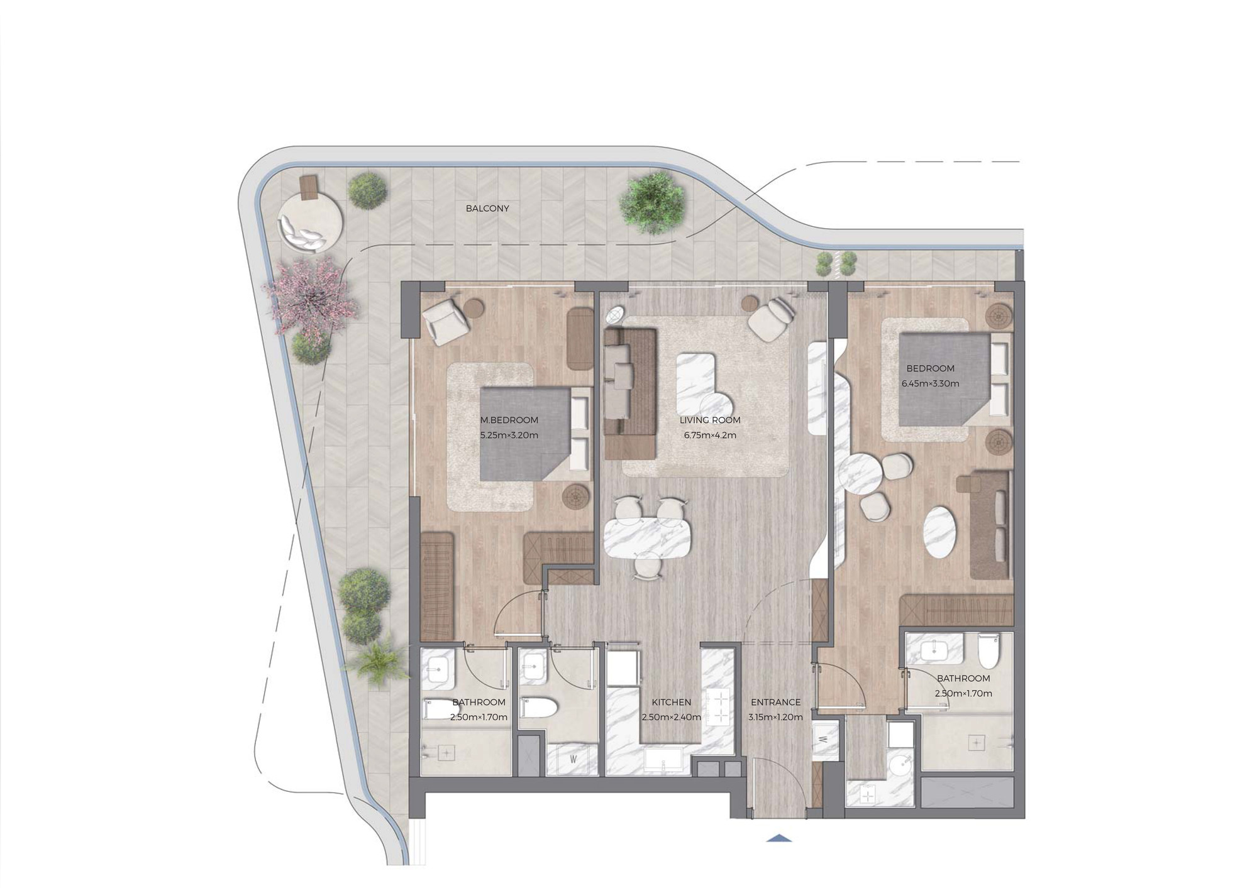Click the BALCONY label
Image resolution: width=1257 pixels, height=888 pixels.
tap(487, 208)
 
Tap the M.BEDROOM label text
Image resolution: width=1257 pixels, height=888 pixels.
tap(509, 420)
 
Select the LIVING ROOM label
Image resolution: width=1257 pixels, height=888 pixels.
tap(710, 420)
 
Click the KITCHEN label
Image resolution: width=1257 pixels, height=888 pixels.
tap(671, 702)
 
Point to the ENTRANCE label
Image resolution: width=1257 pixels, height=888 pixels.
tap(776, 702)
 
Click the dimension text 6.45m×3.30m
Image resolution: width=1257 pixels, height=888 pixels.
tap(931, 383)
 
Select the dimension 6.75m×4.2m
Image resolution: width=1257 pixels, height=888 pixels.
tap(710, 435)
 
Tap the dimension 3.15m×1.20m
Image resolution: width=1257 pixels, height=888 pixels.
tap(776, 717)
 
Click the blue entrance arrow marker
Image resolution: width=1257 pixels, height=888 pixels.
tap(779, 838)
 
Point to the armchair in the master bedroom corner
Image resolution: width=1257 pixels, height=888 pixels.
tap(446, 320)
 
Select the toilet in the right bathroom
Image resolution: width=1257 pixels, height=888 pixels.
tap(988, 652)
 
